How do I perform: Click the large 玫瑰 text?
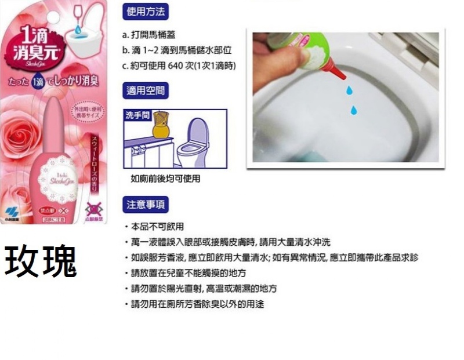coord(41,262)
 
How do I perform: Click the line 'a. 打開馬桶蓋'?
coord(148,35)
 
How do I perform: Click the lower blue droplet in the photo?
coord(353,110)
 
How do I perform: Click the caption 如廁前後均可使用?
coord(165,179)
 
